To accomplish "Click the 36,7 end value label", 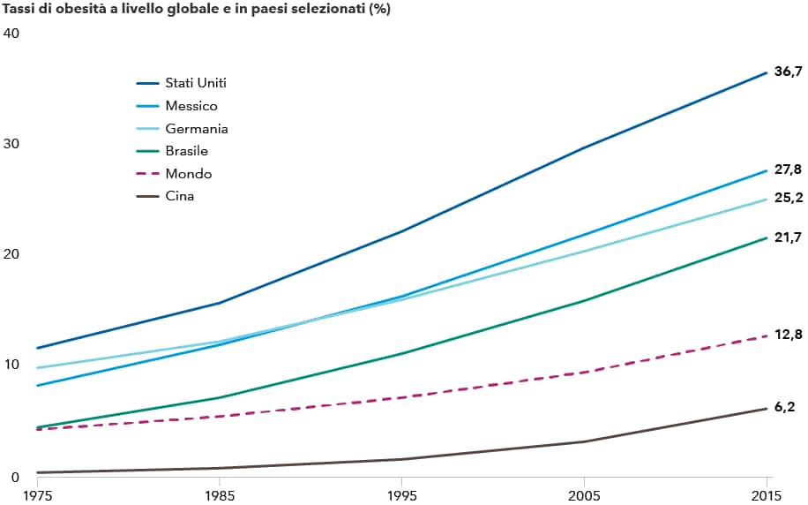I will click(788, 72).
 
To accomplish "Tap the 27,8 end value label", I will click(788, 170).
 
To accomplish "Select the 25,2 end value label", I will click(788, 198).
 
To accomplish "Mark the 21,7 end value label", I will click(788, 237).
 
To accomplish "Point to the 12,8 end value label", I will click(788, 335).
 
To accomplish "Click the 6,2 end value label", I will click(784, 407).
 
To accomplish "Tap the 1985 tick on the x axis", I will click(220, 495).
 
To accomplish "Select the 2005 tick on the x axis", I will click(584, 495).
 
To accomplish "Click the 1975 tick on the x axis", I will click(37, 495).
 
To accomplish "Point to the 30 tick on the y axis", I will click(11, 143).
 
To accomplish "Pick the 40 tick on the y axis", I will click(11, 33).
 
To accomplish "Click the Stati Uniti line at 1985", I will click(220, 303).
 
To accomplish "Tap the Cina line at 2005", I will click(584, 441).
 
